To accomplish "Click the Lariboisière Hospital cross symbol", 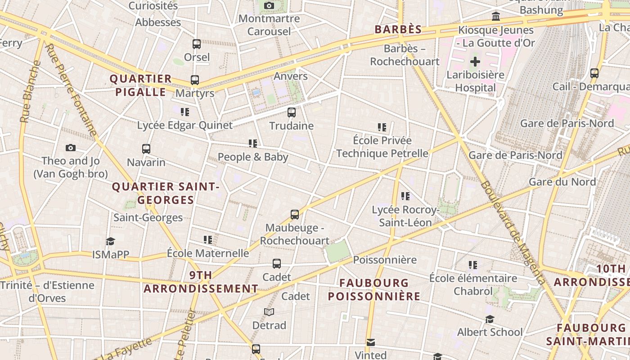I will tap(475, 62).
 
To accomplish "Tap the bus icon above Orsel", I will tap(197, 44).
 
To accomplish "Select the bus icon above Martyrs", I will tap(195, 80).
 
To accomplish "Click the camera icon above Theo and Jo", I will tap(71, 148).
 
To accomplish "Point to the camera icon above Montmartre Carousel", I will tap(269, 6).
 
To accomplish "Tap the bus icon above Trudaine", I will tap(292, 112).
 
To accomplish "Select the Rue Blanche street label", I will tap(30, 92).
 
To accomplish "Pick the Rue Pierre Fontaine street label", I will tap(71, 90).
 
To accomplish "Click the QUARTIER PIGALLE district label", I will tap(141, 85).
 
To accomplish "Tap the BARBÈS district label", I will tap(398, 30).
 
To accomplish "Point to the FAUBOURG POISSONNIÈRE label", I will tap(374, 289).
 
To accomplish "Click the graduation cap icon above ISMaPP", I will tap(111, 242).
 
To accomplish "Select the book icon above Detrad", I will tap(269, 312).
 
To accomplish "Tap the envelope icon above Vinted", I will tap(370, 342).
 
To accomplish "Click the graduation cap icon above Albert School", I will tap(490, 319).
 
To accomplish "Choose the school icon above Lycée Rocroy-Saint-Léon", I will tap(405, 196).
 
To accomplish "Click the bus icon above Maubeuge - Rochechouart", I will tap(295, 215).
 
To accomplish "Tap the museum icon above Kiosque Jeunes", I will tap(496, 17).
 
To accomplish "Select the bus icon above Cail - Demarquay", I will tap(594, 73).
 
